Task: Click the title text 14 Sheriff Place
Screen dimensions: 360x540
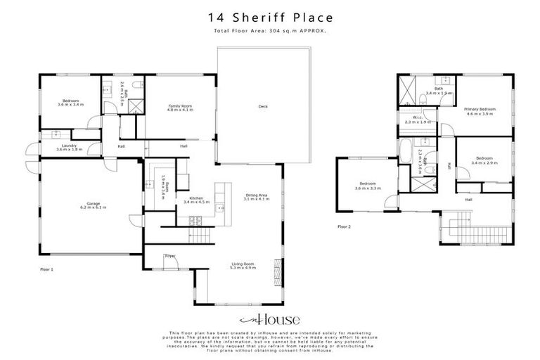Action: tap(270, 17)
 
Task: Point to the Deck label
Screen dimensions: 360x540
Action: tap(263, 107)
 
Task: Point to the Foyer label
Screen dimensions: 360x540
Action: tap(169, 256)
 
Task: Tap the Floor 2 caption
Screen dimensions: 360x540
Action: tap(344, 227)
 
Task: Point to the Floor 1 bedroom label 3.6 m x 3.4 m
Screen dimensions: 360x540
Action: tap(70, 103)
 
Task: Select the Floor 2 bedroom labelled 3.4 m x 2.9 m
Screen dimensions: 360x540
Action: tap(484, 160)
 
